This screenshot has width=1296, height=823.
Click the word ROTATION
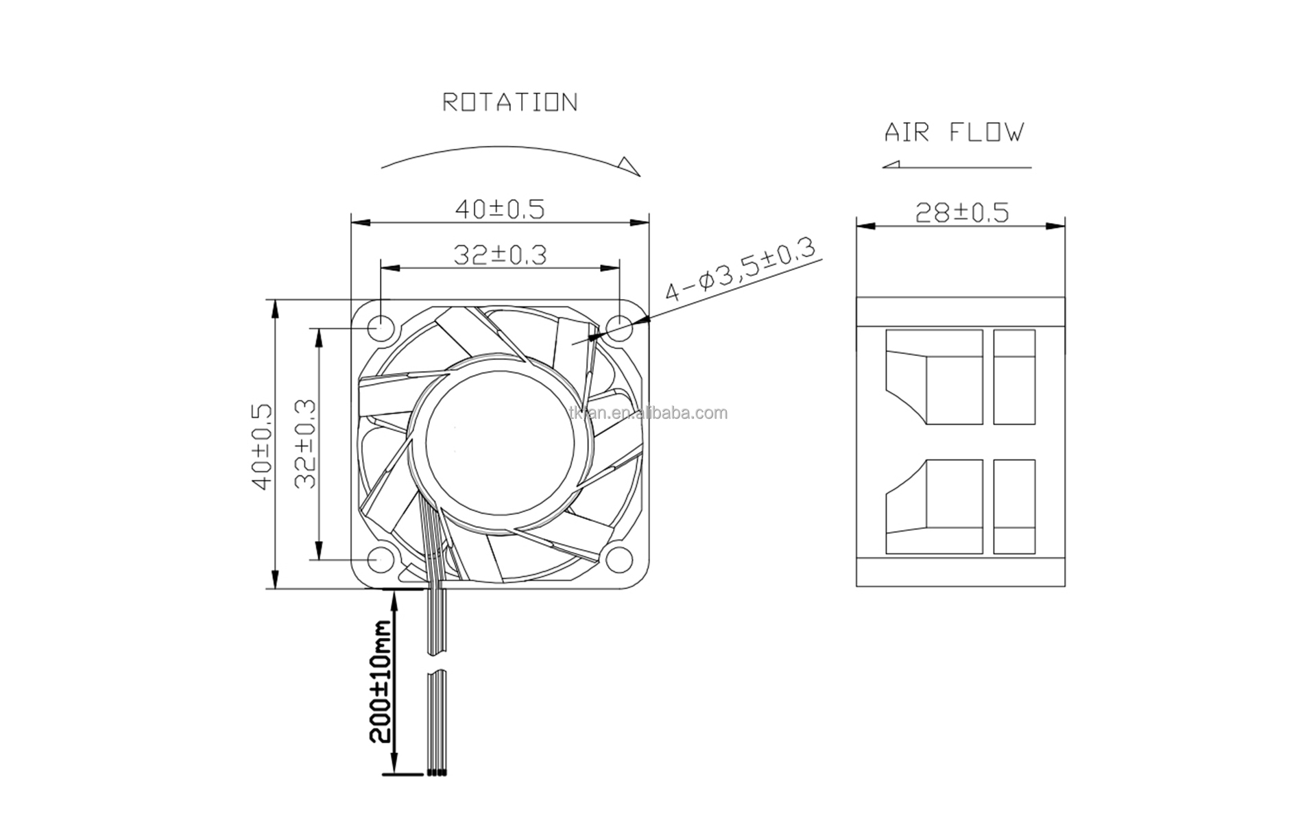[x=509, y=103]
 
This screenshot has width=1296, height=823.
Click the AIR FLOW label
[x=954, y=132]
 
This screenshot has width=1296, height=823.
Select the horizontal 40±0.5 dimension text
[x=500, y=209]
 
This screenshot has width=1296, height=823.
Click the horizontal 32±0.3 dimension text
[x=500, y=255]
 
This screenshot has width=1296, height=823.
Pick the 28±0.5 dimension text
[x=961, y=213]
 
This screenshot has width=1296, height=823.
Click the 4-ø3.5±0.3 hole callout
[x=741, y=270]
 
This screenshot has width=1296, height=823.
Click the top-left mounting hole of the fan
[x=379, y=328]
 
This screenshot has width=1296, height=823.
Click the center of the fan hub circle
[x=499, y=442]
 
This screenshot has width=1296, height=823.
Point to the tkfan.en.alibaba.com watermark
[x=648, y=414]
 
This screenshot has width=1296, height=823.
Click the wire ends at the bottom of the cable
[x=437, y=772]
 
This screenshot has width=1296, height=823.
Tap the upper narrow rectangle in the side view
[x=1013, y=377]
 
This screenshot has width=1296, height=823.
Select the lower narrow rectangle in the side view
[x=1013, y=506]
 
